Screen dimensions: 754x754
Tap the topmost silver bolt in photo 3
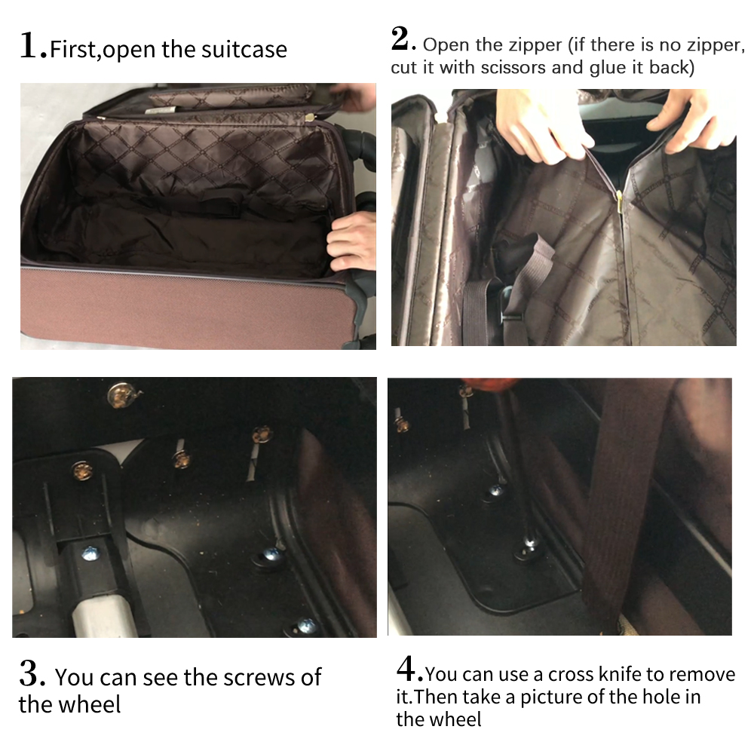click(118, 393)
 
